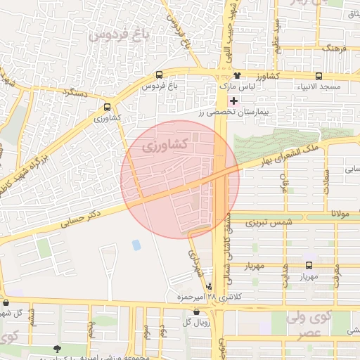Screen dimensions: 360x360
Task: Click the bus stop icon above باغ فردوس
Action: [x=160, y=75]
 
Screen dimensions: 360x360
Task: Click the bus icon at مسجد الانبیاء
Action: [x=319, y=76]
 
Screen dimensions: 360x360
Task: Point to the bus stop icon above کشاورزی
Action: [x=107, y=108]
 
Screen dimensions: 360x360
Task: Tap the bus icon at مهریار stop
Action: [x=309, y=265]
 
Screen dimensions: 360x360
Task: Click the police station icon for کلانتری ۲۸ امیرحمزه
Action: [x=209, y=286]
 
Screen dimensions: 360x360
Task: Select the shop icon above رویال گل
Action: [x=196, y=311]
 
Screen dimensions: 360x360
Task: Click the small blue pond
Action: [x=136, y=245]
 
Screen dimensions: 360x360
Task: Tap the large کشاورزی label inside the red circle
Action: [x=164, y=146]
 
